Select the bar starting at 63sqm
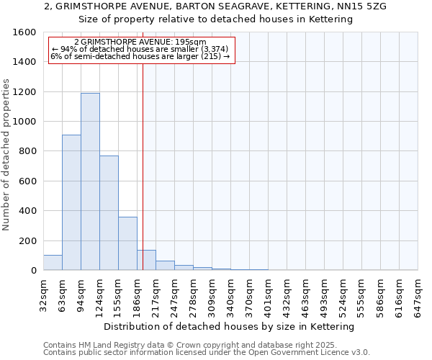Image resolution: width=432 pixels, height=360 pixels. click(71, 202)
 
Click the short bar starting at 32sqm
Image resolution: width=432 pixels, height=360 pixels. click(53, 263)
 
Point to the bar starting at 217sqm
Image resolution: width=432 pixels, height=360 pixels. click(165, 266)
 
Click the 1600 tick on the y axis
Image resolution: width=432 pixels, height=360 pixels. click(24, 32)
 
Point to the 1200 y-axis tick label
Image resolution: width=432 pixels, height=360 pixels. click(24, 92)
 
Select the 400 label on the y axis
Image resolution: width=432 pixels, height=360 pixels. click(27, 211)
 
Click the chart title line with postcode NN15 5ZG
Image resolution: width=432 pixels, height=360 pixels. click(215, 6)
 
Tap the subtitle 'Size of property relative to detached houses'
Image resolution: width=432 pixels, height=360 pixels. click(215, 19)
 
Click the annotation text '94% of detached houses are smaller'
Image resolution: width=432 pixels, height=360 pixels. click(140, 49)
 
